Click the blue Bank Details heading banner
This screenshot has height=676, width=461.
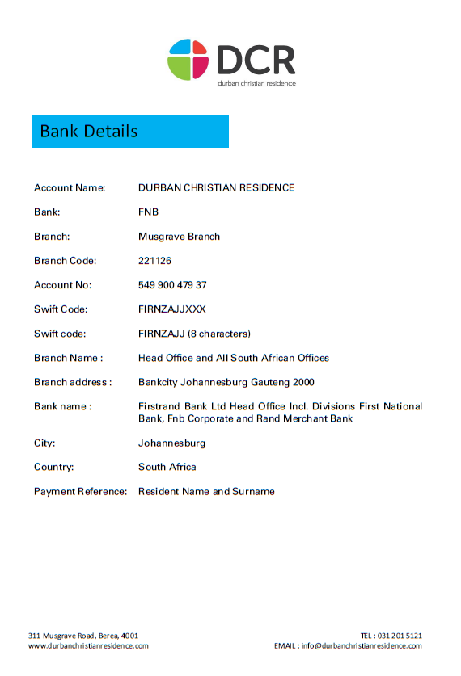click(x=130, y=131)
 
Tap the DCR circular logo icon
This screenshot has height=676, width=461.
click(x=188, y=59)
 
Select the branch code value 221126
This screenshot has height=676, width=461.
click(x=154, y=261)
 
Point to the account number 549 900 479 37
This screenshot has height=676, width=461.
click(x=172, y=285)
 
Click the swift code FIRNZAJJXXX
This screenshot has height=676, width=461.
click(x=172, y=309)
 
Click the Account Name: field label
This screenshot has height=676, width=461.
click(x=70, y=188)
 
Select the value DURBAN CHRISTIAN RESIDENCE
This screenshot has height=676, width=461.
click(x=216, y=188)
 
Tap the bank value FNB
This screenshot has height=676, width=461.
click(x=148, y=212)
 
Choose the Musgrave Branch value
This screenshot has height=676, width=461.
click(x=179, y=237)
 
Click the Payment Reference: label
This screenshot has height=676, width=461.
click(x=80, y=491)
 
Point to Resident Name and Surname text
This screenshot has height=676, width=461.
click(x=206, y=491)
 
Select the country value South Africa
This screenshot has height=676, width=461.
click(x=167, y=467)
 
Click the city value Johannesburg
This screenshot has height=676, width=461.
click(x=171, y=443)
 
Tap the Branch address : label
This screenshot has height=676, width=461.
click(x=72, y=382)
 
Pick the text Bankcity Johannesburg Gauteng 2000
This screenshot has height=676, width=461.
click(x=226, y=382)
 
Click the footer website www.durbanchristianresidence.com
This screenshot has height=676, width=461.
click(x=88, y=646)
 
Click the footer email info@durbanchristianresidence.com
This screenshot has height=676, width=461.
click(x=362, y=646)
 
